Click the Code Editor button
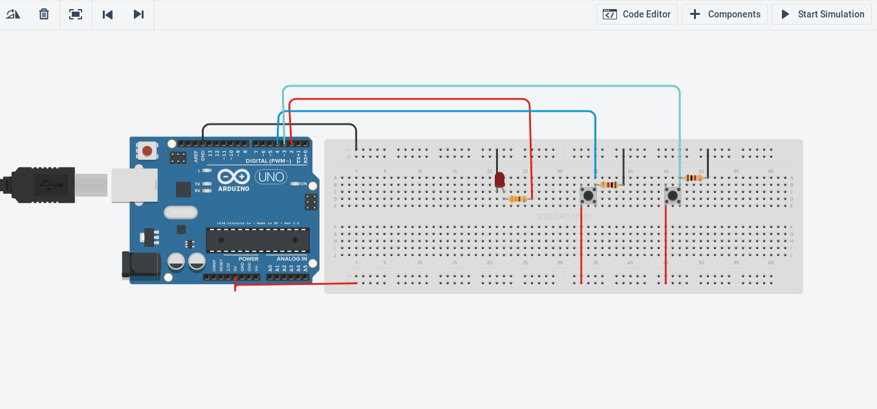tap(637, 14)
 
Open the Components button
tap(724, 14)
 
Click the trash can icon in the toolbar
tap(44, 14)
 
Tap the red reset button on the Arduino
tap(147, 151)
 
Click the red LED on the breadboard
tap(499, 180)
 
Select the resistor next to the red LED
tap(517, 199)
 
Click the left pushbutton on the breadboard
tap(588, 195)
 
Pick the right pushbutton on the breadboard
tap(673, 195)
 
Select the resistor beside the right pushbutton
tap(694, 178)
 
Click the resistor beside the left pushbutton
tap(609, 185)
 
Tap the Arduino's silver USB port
tap(134, 185)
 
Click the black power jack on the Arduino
tap(141, 266)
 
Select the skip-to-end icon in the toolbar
tap(138, 14)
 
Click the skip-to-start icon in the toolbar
tap(108, 14)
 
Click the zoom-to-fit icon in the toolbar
tap(76, 14)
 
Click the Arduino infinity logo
tap(233, 176)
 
